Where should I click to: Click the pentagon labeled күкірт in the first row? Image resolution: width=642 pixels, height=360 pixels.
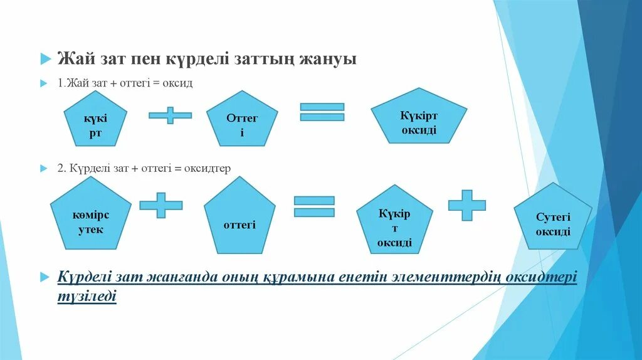coord(95,125)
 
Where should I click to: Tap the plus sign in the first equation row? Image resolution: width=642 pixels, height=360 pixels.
coord(170,115)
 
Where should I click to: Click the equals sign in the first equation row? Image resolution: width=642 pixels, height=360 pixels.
coord(322,112)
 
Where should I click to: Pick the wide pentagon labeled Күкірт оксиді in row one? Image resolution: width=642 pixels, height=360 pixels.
coord(418,124)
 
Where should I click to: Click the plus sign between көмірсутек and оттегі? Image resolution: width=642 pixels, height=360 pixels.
coord(160,205)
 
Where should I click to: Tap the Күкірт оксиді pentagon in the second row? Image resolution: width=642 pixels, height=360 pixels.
coord(394,223)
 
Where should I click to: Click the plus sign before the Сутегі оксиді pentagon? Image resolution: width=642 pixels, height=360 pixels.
coord(466,205)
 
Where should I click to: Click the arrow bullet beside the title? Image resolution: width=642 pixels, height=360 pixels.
coord(45,60)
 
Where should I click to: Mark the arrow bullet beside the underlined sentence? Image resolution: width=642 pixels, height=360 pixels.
coord(45,277)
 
